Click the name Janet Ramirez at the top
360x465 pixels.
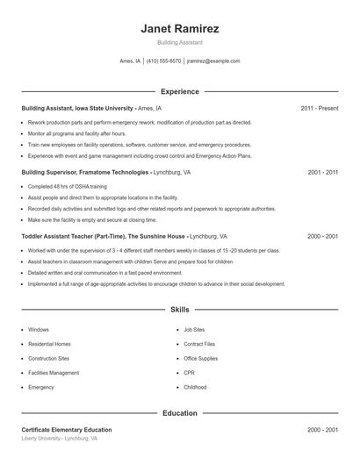click(x=179, y=28)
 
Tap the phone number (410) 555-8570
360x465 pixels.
click(x=163, y=61)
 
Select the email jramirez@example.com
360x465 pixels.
click(x=214, y=61)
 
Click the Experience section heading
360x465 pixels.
click(x=179, y=91)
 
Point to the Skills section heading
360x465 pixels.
click(x=179, y=310)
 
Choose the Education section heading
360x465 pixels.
click(x=179, y=412)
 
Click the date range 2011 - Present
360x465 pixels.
click(x=319, y=109)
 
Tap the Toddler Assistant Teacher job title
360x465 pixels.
click(x=103, y=236)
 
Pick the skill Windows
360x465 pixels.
click(x=39, y=330)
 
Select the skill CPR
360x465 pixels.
click(x=189, y=373)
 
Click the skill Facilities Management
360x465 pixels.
click(x=54, y=373)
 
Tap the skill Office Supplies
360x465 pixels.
click(x=201, y=359)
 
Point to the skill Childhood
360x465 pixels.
click(x=195, y=387)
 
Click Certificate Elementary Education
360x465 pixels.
click(x=67, y=430)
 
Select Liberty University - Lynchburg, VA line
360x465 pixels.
click(x=60, y=438)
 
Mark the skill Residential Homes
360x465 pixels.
click(x=50, y=344)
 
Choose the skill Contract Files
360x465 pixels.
click(x=199, y=344)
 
